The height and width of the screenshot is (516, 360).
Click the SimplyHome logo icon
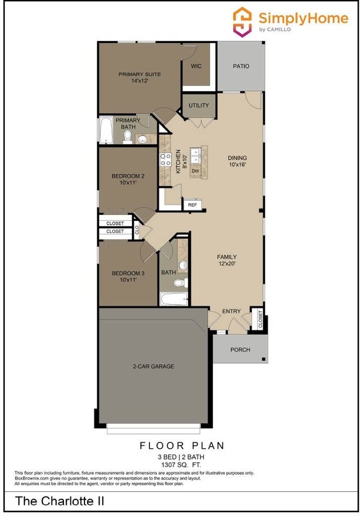coord(242,21)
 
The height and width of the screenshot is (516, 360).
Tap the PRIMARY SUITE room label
coord(140,77)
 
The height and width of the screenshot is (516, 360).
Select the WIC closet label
coord(196,66)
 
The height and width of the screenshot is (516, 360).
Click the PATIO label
coord(241,66)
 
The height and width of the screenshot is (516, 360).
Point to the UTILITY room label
coord(199,105)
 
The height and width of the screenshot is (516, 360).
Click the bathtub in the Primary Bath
coord(105,131)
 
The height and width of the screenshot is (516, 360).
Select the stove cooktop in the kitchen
coord(165,159)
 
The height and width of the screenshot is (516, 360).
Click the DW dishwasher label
coord(196,171)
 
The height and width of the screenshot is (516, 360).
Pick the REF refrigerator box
coord(192,205)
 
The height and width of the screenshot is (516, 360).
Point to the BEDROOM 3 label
coord(128,276)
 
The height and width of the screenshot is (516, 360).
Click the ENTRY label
coord(232,311)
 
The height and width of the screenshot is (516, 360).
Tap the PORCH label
coord(240,349)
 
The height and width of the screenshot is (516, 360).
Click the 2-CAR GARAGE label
coord(153,367)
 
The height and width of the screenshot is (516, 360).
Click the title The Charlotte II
coord(59,501)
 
